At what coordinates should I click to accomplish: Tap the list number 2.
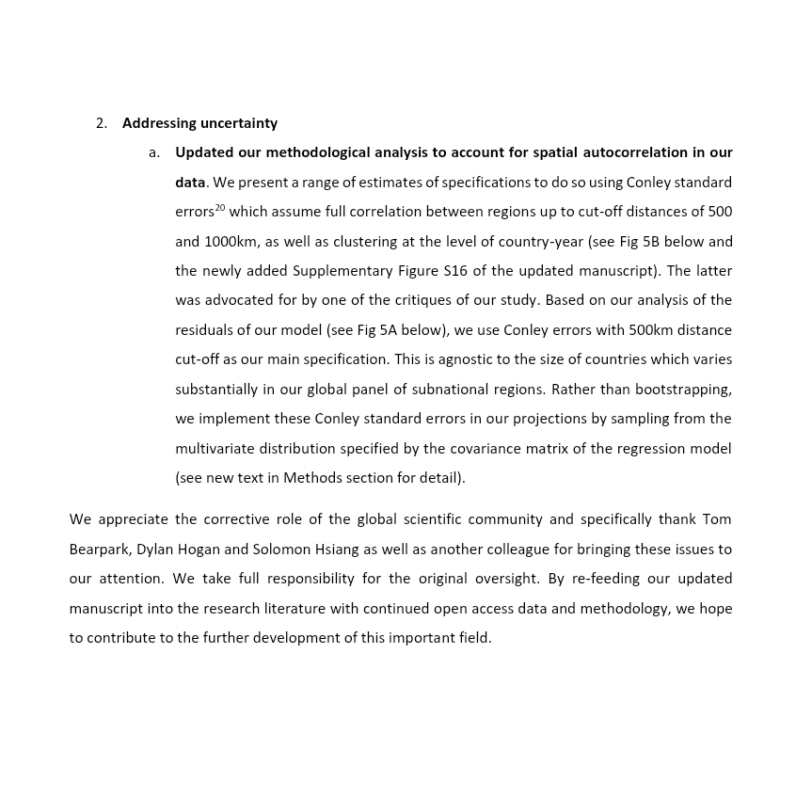(x=101, y=123)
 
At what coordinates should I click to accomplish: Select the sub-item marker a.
(x=153, y=152)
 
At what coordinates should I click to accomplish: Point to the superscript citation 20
(x=220, y=207)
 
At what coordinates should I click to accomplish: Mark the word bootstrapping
(x=683, y=390)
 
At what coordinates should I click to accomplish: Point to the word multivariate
(x=217, y=449)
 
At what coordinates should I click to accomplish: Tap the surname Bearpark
(x=100, y=550)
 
